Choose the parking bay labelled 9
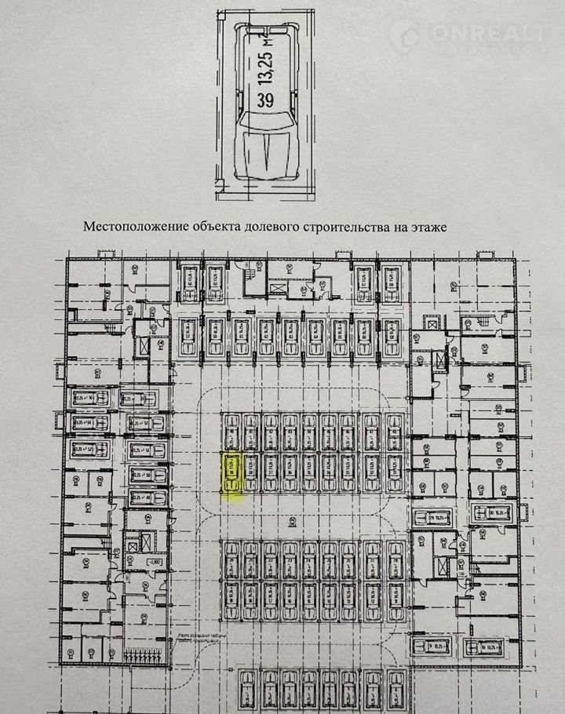point(431,645)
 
